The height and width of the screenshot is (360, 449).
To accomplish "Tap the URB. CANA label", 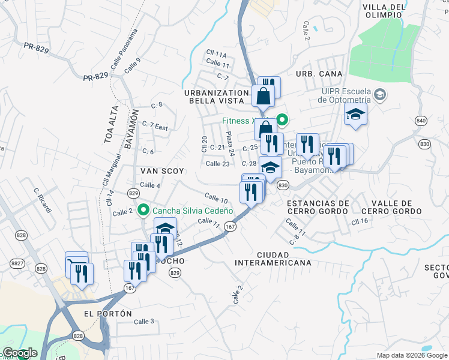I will click(310, 73).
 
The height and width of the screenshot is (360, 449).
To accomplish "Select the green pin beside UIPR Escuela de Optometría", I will click(380, 94).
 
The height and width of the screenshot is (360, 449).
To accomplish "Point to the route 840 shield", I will click(421, 121).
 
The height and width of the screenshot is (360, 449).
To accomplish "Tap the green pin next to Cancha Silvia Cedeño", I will click(143, 211).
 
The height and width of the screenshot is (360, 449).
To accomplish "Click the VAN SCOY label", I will click(163, 171).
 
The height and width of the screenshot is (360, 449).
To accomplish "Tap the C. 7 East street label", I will click(155, 127).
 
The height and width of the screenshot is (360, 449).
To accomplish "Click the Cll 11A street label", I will click(216, 54).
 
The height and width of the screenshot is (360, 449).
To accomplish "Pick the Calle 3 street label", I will click(144, 322).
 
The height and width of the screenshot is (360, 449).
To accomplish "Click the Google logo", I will click(20, 353).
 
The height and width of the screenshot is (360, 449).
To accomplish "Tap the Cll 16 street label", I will click(360, 221).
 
